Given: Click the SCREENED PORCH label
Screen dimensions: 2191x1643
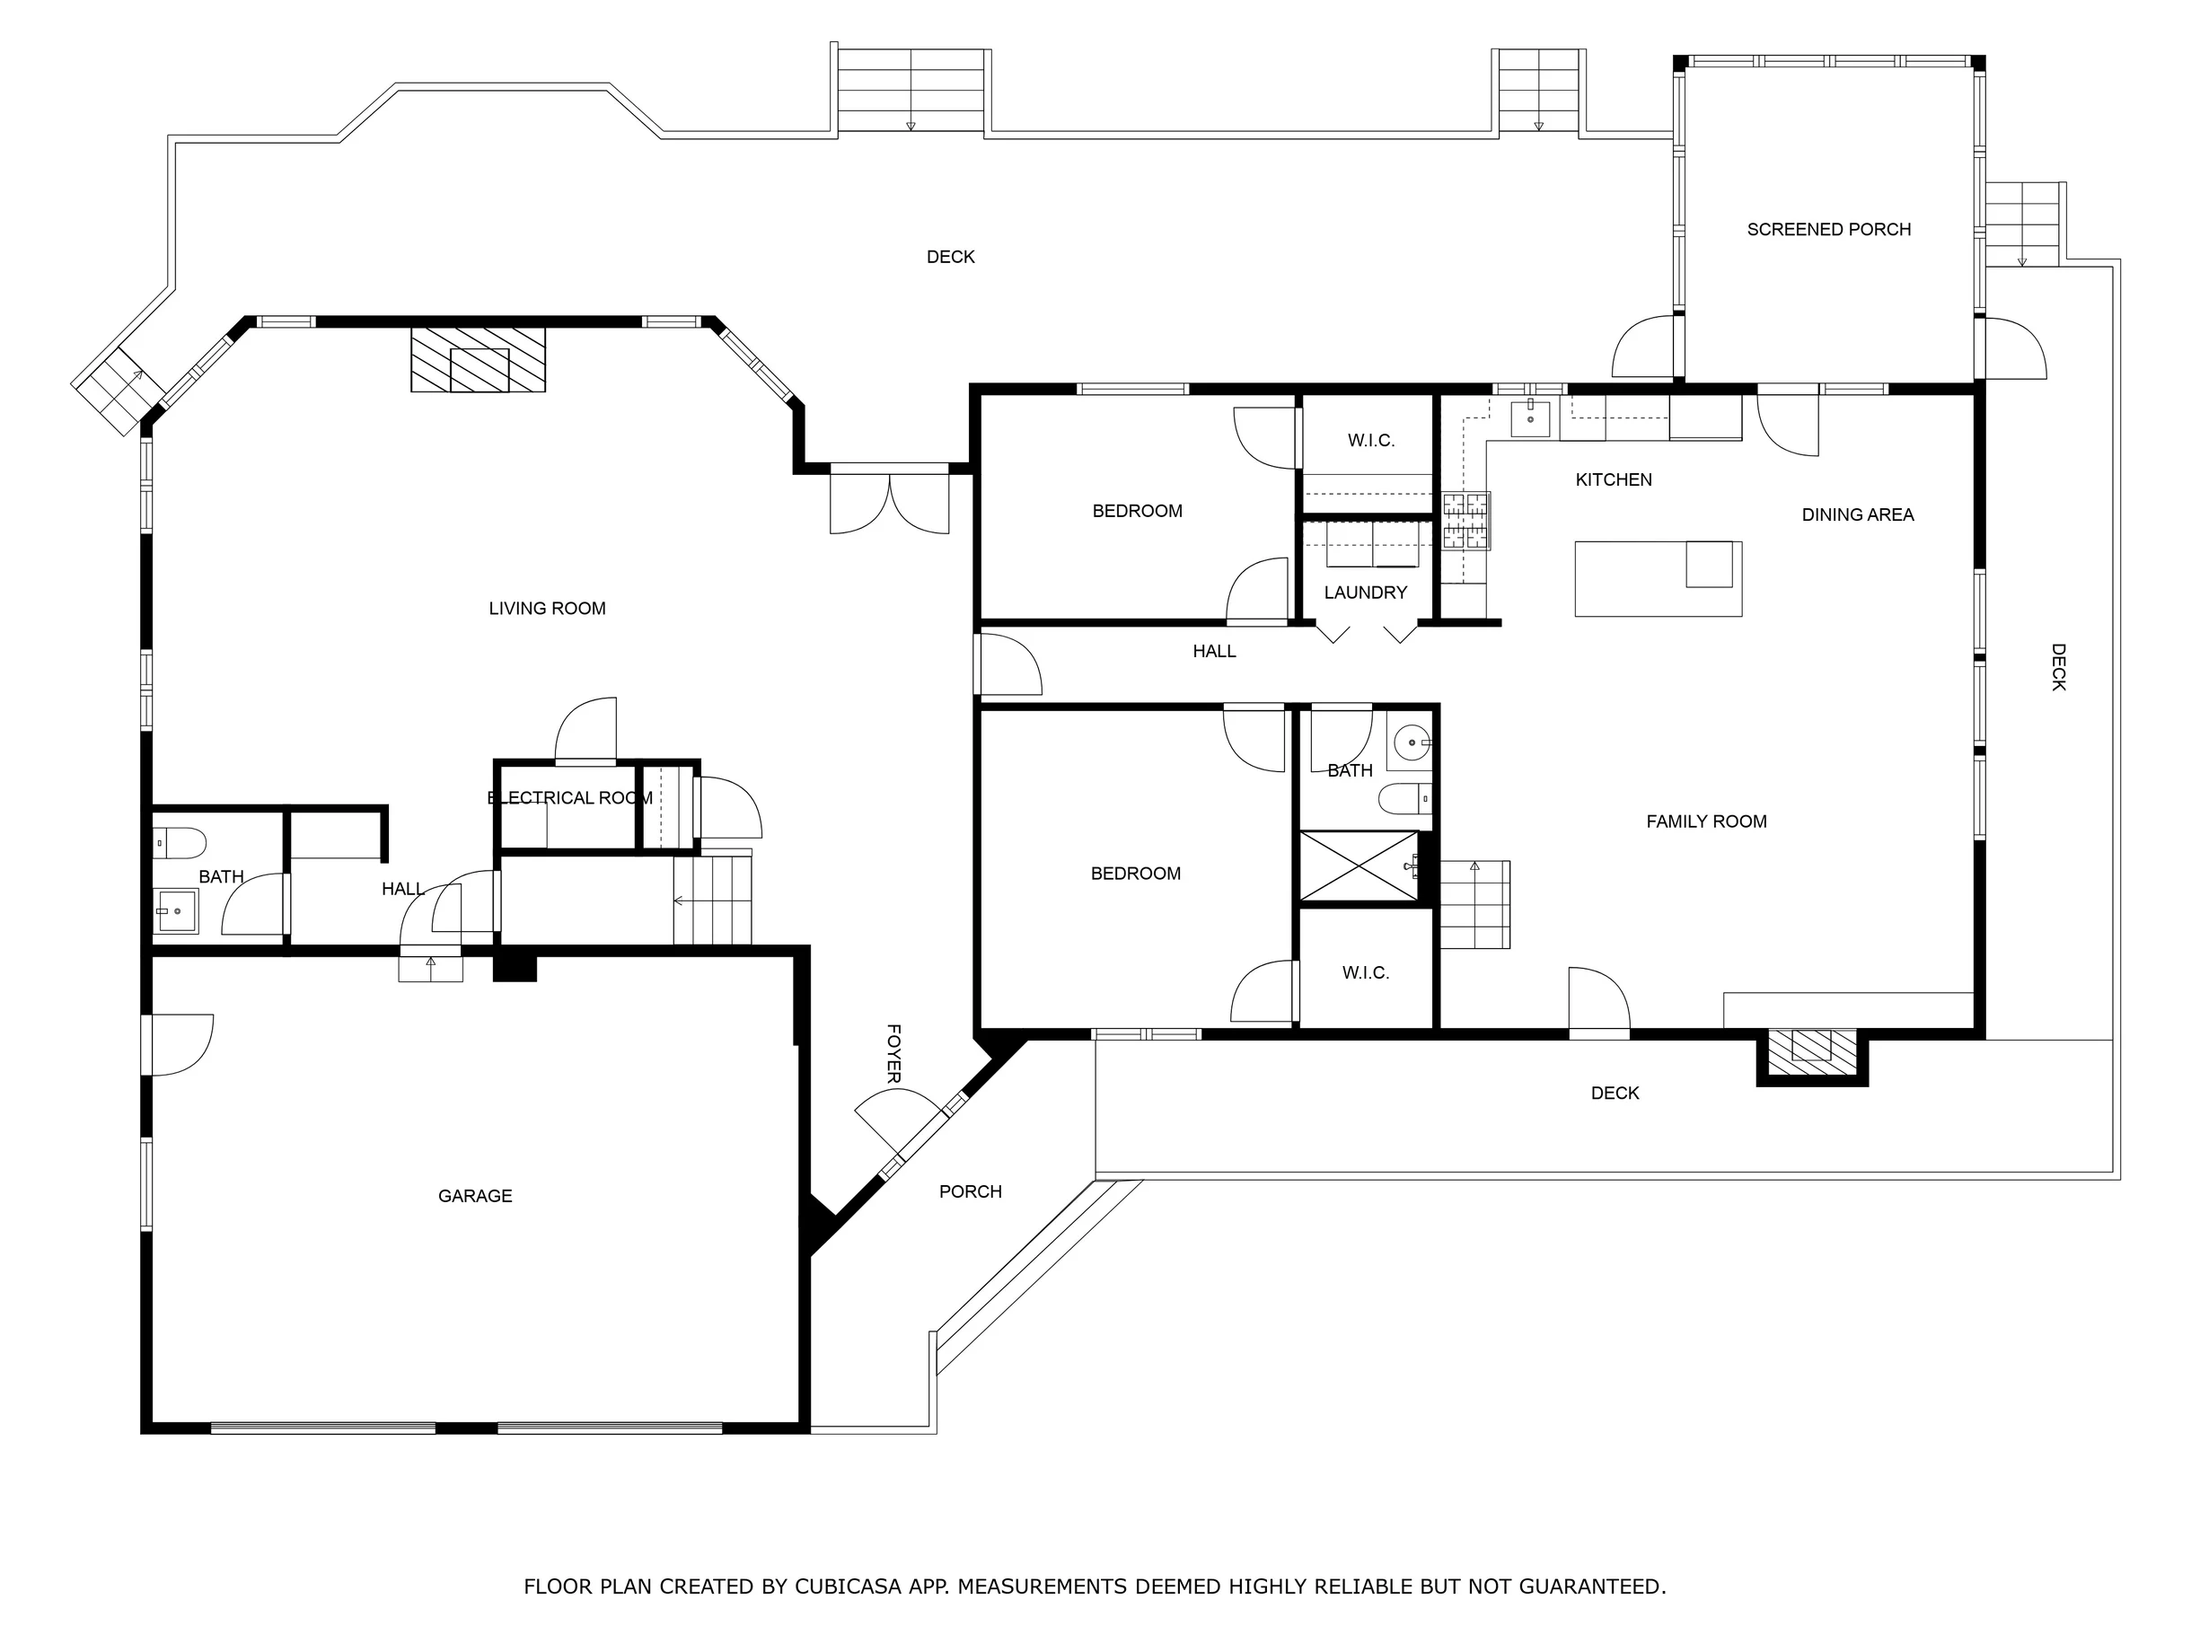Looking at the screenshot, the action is tap(1828, 230).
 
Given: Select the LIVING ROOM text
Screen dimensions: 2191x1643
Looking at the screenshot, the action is tap(547, 609).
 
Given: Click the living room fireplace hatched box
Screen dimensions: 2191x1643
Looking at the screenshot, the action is tap(479, 359).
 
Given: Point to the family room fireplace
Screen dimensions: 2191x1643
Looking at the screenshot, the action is tap(1812, 1057).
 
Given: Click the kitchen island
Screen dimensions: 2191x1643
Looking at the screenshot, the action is tap(1659, 578).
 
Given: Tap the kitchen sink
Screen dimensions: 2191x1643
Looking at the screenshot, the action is tap(1530, 417).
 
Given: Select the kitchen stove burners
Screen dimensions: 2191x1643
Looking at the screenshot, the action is tap(1466, 521).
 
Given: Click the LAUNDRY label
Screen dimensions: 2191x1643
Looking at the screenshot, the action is tap(1365, 593).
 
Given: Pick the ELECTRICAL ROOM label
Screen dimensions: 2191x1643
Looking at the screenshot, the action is tap(569, 798).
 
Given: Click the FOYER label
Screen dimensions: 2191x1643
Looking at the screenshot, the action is tap(893, 1054).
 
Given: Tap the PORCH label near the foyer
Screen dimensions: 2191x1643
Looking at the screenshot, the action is tap(971, 1192).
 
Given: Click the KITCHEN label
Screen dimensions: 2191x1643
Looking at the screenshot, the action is tap(1614, 480).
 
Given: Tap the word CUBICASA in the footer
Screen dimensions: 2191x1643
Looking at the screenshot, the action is tap(847, 1586).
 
